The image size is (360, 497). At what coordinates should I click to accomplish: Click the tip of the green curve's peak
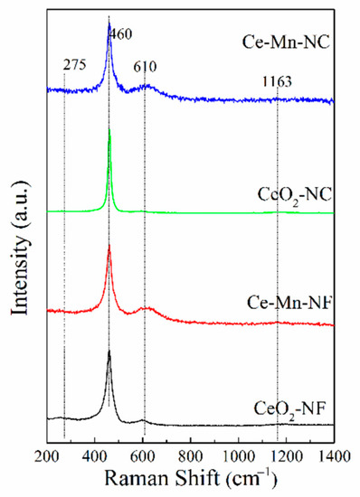[109, 131]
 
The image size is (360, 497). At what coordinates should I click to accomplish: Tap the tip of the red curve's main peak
[109, 246]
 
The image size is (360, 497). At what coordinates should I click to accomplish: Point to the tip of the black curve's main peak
[109, 351]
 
